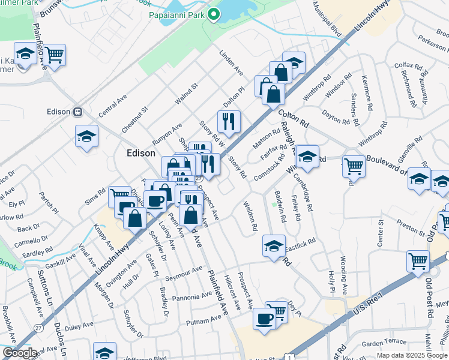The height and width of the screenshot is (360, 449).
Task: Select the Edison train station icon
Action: point(77,112)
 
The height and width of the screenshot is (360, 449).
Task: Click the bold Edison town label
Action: point(142,153)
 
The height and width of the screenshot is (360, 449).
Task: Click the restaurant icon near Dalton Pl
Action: point(229,122)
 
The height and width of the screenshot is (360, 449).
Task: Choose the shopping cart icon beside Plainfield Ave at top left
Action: point(54,55)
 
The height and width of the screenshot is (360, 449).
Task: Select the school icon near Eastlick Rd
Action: point(274,246)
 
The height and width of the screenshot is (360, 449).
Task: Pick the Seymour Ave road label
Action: point(184,273)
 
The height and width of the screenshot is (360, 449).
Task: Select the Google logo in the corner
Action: point(19,353)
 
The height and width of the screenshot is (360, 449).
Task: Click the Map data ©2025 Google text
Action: point(411,355)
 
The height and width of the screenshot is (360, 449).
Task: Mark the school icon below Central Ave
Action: point(87,136)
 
